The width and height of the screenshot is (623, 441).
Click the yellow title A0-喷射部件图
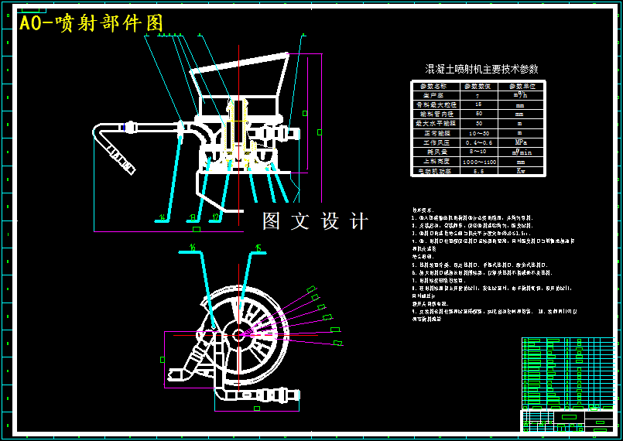pyautogui.click(x=91, y=24)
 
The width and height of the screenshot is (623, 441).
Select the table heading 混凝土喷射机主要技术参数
pyautogui.click(x=482, y=69)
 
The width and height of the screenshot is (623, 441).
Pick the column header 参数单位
pyautogui.click(x=520, y=86)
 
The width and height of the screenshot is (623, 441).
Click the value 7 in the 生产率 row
pyautogui.click(x=478, y=95)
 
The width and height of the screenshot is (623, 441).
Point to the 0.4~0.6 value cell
pyautogui.click(x=478, y=142)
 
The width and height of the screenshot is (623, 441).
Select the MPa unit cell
pyautogui.click(x=520, y=142)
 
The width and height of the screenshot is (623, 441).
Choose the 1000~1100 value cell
pyautogui.click(x=478, y=162)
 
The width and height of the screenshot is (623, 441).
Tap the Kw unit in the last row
pyautogui.click(x=520, y=171)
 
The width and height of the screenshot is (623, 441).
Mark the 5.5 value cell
pyautogui.click(x=478, y=171)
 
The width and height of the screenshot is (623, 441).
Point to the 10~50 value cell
pyautogui.click(x=478, y=133)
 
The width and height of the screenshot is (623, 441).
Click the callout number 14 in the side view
pyautogui.click(x=162, y=217)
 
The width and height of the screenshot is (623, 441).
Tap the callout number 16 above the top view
pyautogui.click(x=192, y=247)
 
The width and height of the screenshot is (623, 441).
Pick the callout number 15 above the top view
pyautogui.click(x=258, y=248)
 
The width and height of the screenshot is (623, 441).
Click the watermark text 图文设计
pyautogui.click(x=315, y=221)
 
